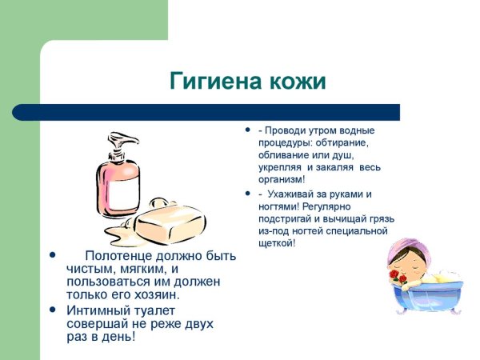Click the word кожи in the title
tap(298, 82)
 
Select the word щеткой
tap(275, 242)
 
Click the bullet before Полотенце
tap(53, 256)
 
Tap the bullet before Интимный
tap(53, 310)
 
